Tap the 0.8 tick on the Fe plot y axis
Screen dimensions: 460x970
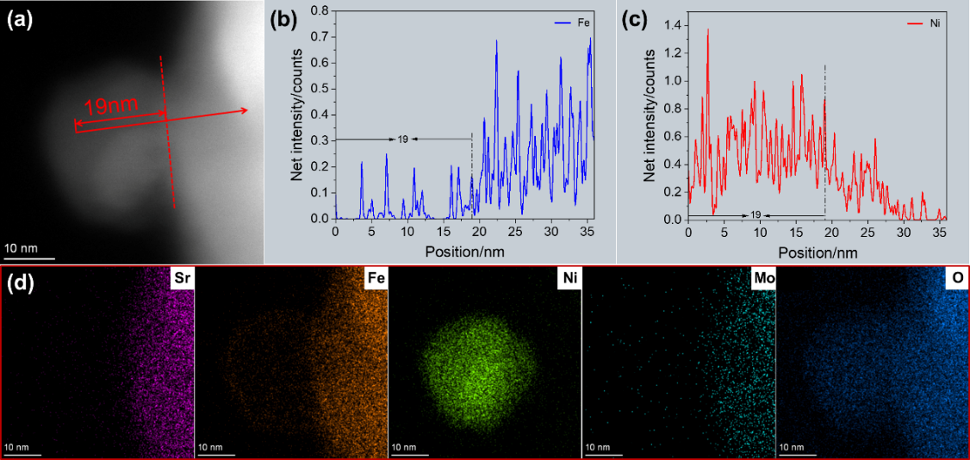320,10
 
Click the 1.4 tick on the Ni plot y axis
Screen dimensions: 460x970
673,26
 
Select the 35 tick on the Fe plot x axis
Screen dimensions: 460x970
587,232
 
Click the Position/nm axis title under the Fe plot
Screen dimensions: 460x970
463,252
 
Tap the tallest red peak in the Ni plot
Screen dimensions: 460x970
708,30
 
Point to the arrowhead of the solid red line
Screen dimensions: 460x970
246,109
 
